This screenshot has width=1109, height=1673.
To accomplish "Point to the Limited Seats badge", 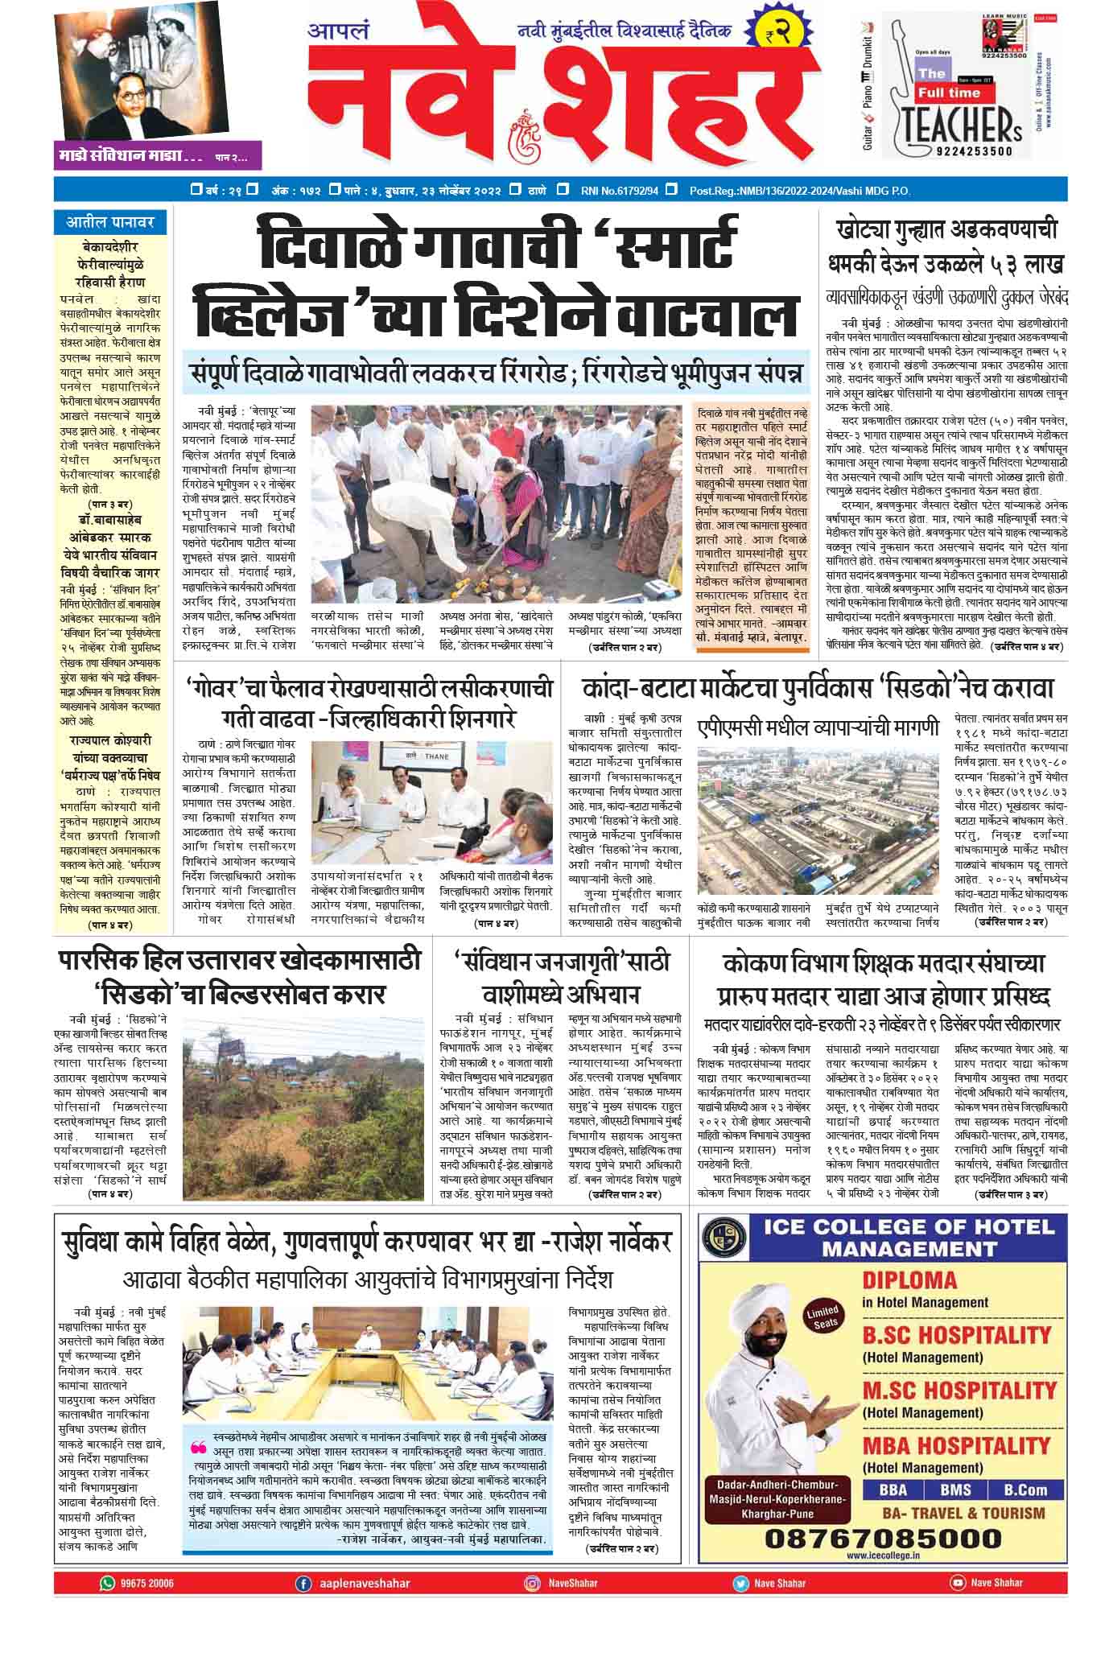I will pos(826,1317).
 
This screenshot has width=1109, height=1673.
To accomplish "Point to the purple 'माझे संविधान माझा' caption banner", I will pos(157,155).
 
